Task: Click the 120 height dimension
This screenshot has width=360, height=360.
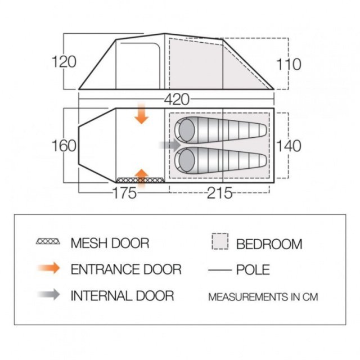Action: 64,62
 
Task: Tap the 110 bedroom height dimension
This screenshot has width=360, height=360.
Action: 289,64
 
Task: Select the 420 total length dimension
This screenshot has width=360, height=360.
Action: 177,100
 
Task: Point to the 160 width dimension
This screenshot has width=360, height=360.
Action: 64,146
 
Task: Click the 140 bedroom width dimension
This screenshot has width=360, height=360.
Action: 289,146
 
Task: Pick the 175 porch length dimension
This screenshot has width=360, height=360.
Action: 125,193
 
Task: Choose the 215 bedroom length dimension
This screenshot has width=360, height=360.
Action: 220,193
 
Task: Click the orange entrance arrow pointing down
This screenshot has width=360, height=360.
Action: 142,114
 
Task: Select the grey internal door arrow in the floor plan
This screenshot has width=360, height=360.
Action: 170,145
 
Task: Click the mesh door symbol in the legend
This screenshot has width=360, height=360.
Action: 48,241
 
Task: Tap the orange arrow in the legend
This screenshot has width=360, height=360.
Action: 49,268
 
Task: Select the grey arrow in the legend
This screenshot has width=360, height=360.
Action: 49,294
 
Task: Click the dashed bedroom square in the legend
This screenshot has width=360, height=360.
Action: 220,241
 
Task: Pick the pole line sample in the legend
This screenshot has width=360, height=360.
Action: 220,270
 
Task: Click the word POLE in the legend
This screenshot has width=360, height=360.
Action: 253,269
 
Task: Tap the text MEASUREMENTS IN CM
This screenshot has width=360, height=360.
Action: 263,297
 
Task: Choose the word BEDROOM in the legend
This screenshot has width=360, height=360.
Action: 269,244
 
